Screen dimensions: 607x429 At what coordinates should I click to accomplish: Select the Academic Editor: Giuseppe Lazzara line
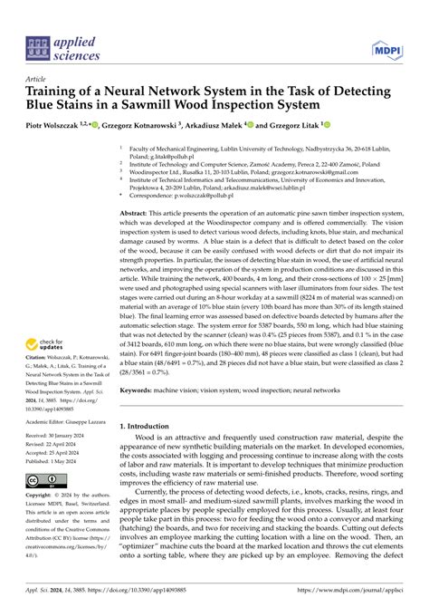pyautogui.click(x=67, y=422)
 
